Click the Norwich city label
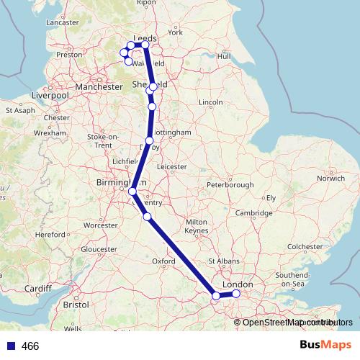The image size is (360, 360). (x=330, y=178)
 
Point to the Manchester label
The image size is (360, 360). (x=99, y=86)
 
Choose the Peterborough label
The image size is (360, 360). (x=230, y=185)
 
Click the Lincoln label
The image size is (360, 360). (x=211, y=103)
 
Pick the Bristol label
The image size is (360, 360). (x=76, y=305)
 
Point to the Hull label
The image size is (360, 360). (x=224, y=55)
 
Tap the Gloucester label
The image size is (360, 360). (x=100, y=249)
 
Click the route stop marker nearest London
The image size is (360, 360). (x=235, y=294)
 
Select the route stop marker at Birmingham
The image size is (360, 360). (x=132, y=192)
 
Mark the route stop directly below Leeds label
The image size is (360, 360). (x=145, y=45)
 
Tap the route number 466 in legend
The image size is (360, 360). (x=30, y=346)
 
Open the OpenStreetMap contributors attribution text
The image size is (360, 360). (x=294, y=323)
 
